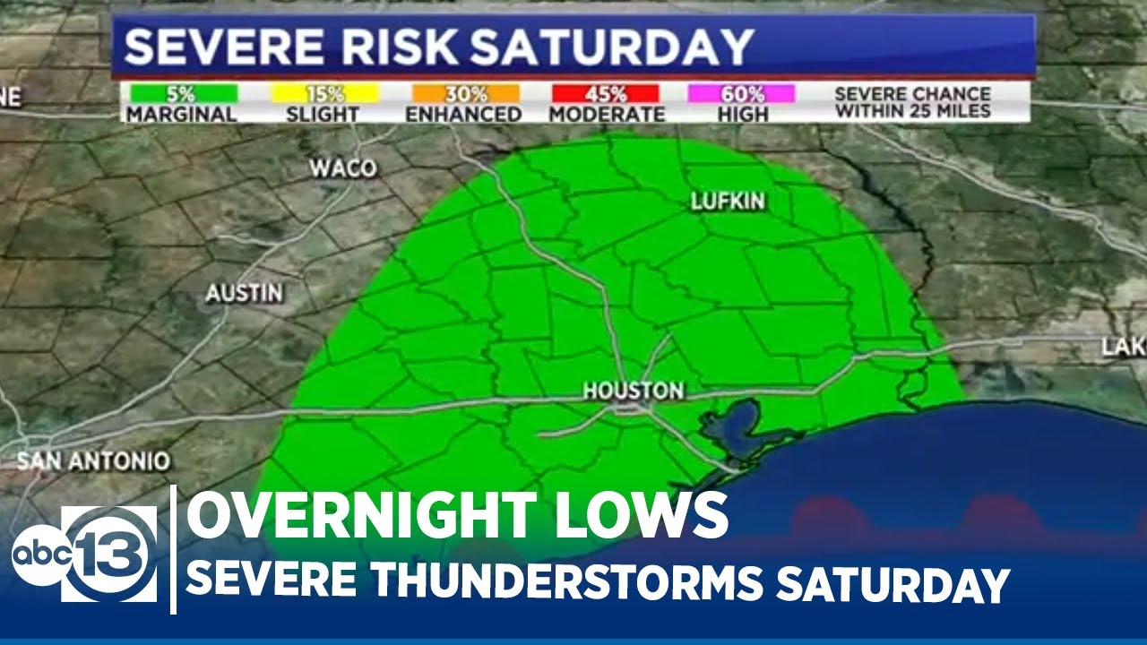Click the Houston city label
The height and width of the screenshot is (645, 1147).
click(633, 391)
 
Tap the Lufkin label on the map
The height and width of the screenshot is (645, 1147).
click(728, 202)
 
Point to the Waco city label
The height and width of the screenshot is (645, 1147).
click(343, 168)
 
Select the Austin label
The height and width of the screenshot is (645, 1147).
click(244, 293)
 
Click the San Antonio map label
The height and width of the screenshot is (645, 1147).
click(93, 461)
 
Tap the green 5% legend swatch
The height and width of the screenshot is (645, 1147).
click(183, 93)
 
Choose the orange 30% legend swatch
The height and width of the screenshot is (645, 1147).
click(465, 93)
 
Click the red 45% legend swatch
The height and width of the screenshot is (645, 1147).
click(606, 93)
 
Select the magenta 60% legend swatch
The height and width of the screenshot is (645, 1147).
click(741, 93)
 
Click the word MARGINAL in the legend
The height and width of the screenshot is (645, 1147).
click(181, 115)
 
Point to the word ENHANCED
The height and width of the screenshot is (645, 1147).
click(463, 115)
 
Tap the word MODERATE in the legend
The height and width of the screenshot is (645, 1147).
click(607, 115)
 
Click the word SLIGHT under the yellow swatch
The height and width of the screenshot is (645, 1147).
click(323, 115)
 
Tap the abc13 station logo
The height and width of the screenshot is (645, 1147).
click(85, 553)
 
